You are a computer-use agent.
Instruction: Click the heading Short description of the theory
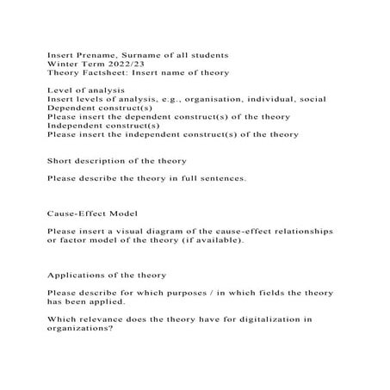pyautogui.click(x=116, y=160)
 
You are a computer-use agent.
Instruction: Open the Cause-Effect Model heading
pyautogui.click(x=92, y=212)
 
